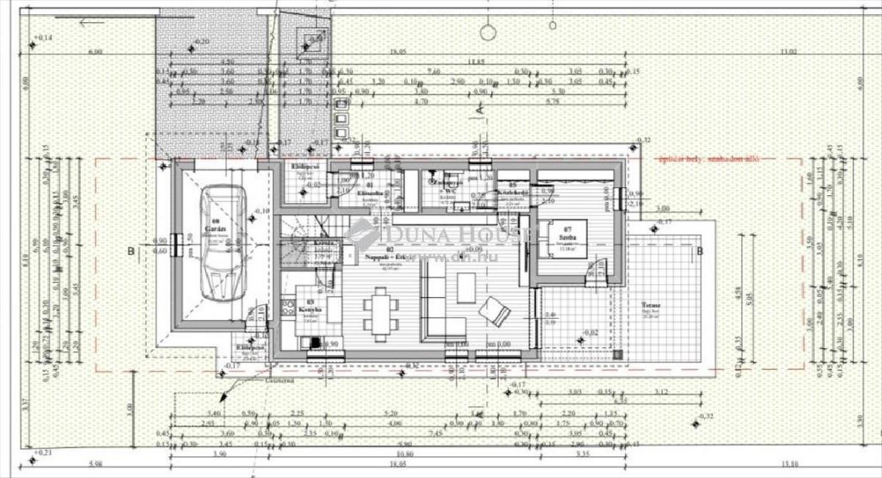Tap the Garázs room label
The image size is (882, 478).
click(215, 220)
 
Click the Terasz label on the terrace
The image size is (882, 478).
click(649, 304)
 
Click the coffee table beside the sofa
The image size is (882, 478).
click(467, 287)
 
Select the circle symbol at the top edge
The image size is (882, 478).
click(487, 32)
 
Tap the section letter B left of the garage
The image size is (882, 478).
click(131, 251)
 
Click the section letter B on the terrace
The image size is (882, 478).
click(700, 250)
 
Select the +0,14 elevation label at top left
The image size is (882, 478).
click(43, 36)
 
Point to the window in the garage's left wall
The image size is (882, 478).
click(174, 243)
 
